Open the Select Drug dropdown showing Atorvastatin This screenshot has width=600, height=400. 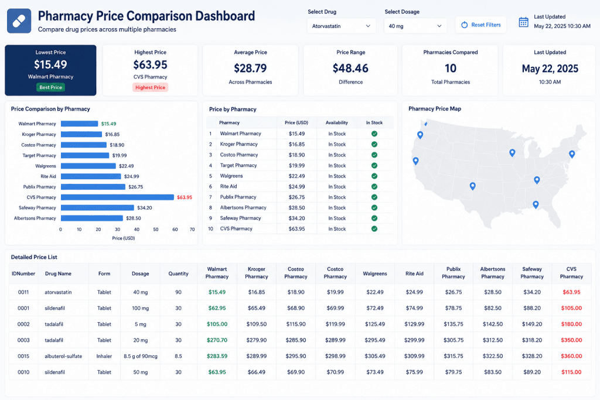[341, 26]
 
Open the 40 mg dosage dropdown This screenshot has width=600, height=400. [415, 26]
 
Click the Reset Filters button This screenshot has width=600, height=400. [480, 25]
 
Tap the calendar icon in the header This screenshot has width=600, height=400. [523, 22]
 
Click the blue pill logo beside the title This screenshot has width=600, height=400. [19, 21]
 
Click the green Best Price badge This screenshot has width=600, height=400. [50, 87]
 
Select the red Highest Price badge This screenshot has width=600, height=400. [150, 88]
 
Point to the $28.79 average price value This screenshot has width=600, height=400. [250, 68]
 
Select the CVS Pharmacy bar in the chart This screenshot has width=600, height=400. [117, 197]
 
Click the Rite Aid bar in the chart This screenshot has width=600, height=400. [91, 176]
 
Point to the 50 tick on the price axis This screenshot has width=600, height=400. [156, 230]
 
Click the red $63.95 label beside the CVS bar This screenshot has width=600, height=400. [185, 197]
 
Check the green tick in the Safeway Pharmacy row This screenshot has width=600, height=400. [374, 218]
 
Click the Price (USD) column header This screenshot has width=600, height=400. [296, 123]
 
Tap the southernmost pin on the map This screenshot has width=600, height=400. [536, 205]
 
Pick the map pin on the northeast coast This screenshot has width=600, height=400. [572, 154]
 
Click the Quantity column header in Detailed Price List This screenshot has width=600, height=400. [178, 274]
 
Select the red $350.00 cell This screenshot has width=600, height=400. [571, 340]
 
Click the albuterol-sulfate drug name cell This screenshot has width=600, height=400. [63, 356]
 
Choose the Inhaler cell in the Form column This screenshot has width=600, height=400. [104, 356]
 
